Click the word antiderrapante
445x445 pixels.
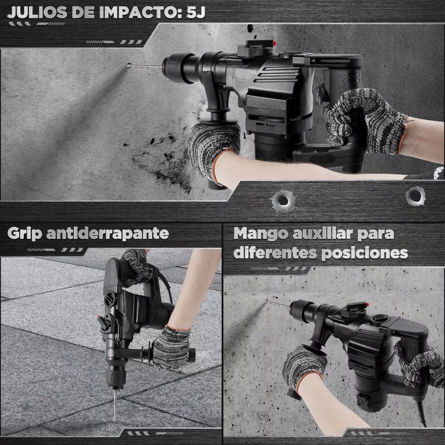(x=108, y=234)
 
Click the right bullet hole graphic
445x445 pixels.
(x=415, y=196)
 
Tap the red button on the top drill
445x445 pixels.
(x=274, y=43)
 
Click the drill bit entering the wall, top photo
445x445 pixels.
(x=145, y=66)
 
